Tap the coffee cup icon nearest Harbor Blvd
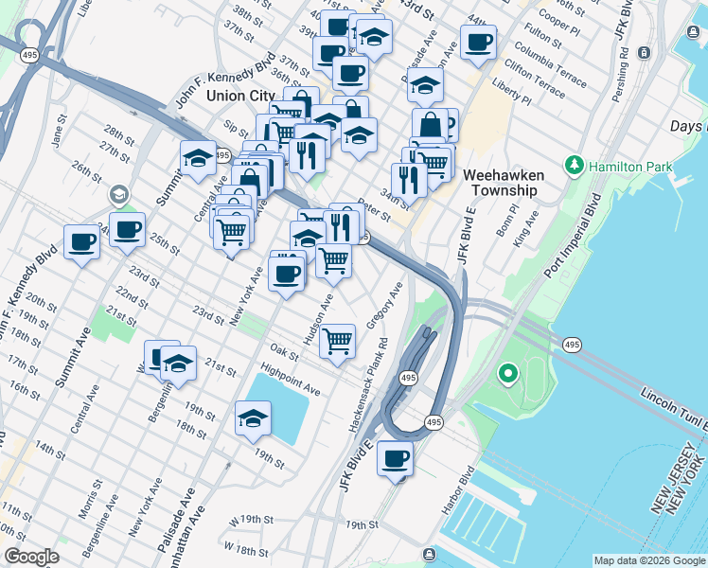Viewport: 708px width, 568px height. [395, 459]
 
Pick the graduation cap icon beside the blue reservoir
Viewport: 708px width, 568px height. [253, 418]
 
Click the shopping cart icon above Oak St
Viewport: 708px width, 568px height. [338, 340]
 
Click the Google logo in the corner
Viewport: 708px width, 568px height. [31, 557]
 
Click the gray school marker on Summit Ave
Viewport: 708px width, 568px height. [118, 196]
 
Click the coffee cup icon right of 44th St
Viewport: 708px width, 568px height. [478, 42]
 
